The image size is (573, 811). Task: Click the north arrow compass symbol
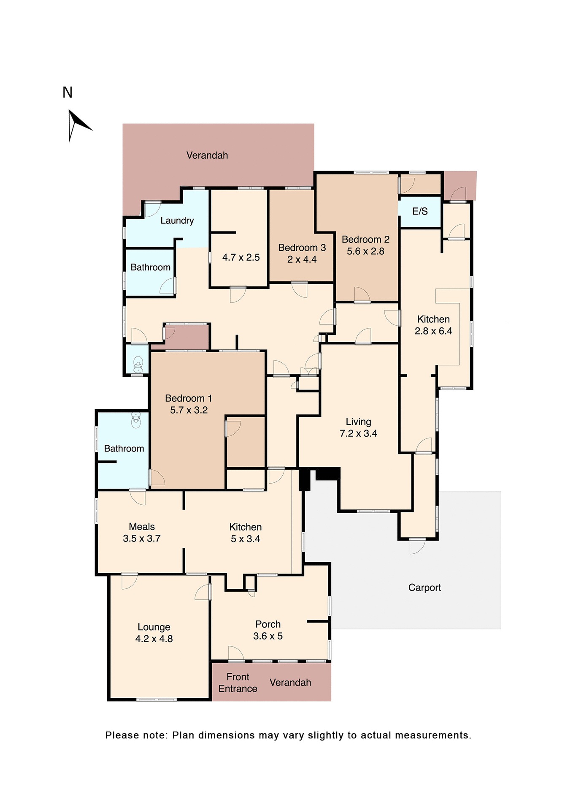coord(77,124)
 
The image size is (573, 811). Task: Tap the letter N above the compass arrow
coord(68,93)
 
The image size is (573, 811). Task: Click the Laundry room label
coord(177,220)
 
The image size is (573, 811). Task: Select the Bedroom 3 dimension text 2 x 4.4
coord(302,259)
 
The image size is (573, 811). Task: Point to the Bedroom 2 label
coord(365,239)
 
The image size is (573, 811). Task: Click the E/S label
coord(420,211)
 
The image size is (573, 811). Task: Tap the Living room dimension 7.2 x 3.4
coord(358,433)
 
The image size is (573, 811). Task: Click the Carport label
coord(424,588)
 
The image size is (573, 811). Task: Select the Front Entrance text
coord(238,683)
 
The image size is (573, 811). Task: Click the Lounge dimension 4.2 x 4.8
coord(154,639)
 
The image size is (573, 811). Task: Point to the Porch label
coord(268,624)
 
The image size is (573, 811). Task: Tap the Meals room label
coord(142,527)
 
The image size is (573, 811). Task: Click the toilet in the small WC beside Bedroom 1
coord(138,364)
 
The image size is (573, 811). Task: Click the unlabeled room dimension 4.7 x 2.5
coord(241,257)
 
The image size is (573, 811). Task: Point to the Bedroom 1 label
coord(188,398)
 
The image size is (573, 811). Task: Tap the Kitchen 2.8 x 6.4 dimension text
coord(433,331)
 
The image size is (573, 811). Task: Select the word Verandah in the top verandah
coord(207,155)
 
